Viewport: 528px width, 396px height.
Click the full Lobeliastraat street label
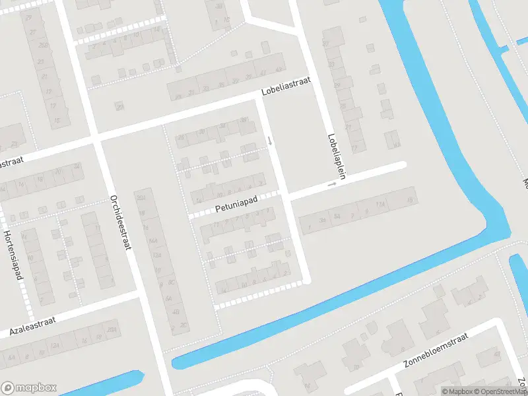click(285, 88)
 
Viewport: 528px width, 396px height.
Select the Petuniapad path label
click(236, 204)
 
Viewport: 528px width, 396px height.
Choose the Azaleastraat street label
click(32, 326)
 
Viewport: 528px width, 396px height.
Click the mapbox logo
click(29, 387)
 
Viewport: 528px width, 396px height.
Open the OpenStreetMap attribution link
click(499, 391)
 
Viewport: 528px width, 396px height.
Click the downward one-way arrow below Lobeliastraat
click(269, 141)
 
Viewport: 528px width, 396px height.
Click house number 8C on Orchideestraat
click(170, 282)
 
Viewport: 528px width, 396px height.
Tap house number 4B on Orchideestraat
click(176, 312)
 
